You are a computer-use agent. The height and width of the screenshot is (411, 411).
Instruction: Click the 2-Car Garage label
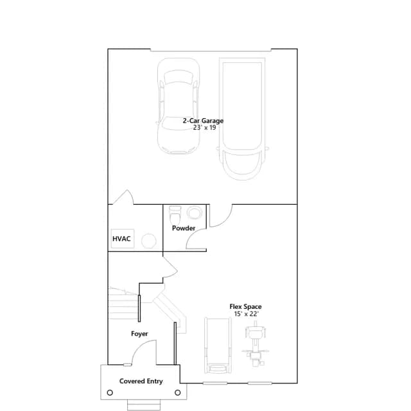pos(203,121)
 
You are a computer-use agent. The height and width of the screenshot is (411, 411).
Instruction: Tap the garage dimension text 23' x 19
pos(204,128)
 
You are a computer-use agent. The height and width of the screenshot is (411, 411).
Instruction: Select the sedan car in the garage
pos(179,106)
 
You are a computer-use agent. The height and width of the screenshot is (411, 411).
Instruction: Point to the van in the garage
pos(242,119)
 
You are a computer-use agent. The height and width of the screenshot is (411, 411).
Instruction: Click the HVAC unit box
pos(123,238)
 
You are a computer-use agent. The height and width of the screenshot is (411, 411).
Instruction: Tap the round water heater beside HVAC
pos(149,240)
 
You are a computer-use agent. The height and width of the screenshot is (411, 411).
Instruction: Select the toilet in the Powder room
pos(175,216)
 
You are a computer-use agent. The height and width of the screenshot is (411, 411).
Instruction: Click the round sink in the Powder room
pos(194,213)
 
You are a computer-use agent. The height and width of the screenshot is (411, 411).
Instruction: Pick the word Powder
pos(184,229)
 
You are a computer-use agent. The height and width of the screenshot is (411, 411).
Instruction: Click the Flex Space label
pos(245,307)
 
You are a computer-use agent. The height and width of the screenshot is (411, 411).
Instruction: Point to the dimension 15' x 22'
pos(246,314)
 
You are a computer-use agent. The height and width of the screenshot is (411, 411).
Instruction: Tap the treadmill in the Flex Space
pos(218,345)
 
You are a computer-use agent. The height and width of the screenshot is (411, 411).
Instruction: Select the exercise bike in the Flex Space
pos(255,344)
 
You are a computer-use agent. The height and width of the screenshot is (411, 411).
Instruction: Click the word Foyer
pos(139,334)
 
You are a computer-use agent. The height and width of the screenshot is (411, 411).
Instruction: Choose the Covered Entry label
pos(141,381)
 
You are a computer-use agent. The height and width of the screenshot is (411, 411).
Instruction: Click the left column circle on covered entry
pos(110,392)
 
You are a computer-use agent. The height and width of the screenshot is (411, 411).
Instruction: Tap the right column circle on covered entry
pos(177,392)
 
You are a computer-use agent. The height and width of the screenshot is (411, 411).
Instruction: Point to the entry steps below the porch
pos(144,405)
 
